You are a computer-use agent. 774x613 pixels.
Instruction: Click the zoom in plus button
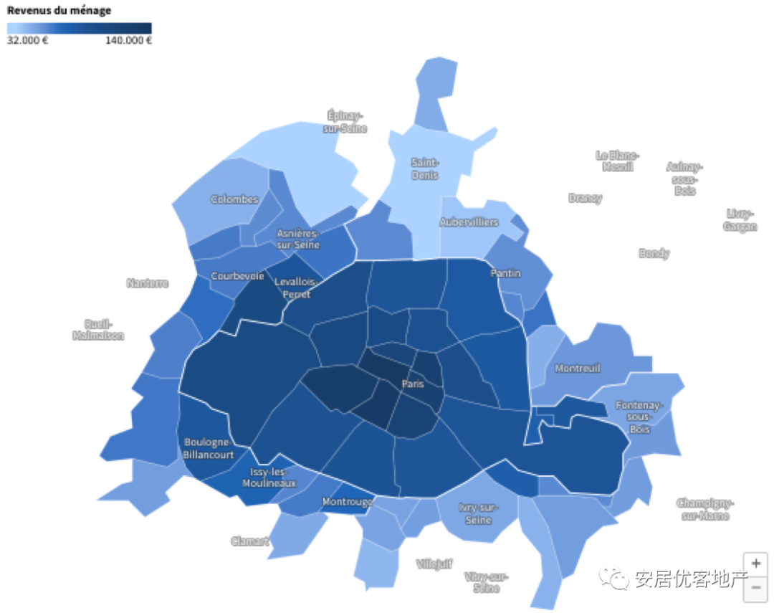tap(755, 563)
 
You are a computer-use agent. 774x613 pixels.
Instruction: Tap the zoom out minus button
tap(755, 589)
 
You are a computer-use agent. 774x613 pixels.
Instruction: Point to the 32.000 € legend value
tap(28, 40)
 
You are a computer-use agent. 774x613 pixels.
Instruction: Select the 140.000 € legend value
tap(129, 40)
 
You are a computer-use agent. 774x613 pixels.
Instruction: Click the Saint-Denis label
tap(425, 168)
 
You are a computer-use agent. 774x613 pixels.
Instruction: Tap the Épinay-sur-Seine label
tap(345, 121)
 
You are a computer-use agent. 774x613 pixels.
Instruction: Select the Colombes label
tap(234, 199)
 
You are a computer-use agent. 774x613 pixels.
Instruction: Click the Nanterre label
tap(148, 283)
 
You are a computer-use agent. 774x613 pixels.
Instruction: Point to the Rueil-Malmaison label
tap(98, 329)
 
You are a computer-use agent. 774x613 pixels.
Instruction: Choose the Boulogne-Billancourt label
tap(209, 448)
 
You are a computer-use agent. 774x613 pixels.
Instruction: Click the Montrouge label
tap(348, 502)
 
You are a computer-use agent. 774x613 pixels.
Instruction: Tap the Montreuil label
tap(578, 368)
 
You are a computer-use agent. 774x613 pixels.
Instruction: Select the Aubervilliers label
tap(469, 222)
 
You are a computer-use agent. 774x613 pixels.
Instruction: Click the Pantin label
tap(505, 273)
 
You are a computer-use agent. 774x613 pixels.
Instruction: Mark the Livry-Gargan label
tap(741, 220)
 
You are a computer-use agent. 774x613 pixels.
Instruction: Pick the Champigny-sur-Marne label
tap(705, 509)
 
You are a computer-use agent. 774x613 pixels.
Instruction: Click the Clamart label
tap(249, 541)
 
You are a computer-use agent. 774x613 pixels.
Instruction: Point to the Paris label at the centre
tap(413, 384)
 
